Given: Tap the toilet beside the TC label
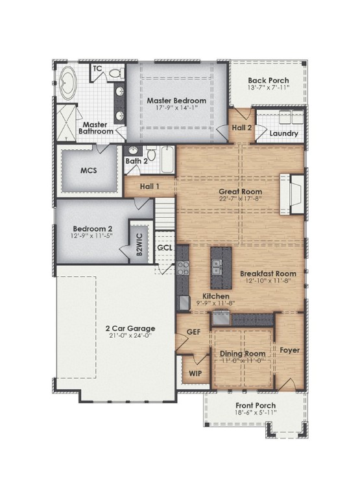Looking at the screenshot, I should pos(117,73).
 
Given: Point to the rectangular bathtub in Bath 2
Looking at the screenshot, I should pos(166,160).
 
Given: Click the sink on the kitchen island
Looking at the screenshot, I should pos(216,265).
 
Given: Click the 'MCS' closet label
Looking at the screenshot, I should pos(88,171).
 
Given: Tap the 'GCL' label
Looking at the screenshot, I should pos(165,248).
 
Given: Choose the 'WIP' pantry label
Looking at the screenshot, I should pos(194,374).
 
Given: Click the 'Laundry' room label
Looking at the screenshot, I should pos(285,134).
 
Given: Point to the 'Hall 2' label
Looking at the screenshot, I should pos(242,128).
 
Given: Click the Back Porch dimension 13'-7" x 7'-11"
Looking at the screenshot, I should pos(268,87).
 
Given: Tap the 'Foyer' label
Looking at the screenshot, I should pos(289,350).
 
